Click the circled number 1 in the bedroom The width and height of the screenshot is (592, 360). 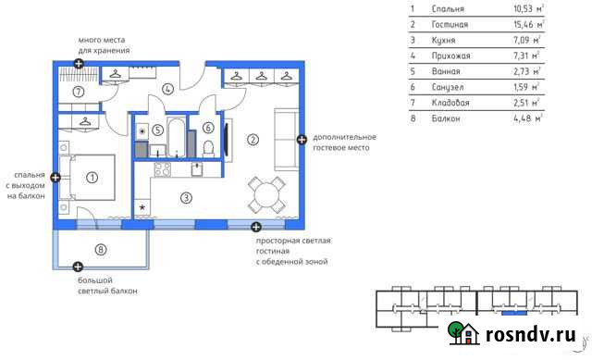tap(92, 177)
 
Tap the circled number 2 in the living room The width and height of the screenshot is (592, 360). tap(253, 140)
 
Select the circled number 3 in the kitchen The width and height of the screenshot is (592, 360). tap(186, 197)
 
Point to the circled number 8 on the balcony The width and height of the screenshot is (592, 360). tap(101, 250)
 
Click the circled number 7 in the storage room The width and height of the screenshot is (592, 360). tap(78, 92)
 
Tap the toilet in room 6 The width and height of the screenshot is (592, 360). tap(208, 149)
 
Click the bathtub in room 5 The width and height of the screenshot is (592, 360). tap(176, 138)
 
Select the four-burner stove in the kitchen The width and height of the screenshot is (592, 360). tap(163, 169)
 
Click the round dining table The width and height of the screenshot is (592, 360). tap(267, 195)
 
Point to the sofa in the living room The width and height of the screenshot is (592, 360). tap(286, 140)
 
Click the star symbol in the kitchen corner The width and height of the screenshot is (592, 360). tap(142, 207)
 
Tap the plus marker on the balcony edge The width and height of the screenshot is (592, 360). tap(78, 267)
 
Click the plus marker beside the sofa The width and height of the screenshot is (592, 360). tap(302, 140)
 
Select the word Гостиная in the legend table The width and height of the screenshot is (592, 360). tap(450, 25)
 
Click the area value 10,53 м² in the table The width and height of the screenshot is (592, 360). tap(528, 8)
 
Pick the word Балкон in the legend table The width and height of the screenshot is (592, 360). tap(446, 118)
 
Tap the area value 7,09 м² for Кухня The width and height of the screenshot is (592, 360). tap(526, 40)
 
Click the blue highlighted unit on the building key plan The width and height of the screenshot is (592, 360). tap(514, 313)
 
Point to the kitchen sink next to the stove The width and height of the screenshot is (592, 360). tap(197, 169)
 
